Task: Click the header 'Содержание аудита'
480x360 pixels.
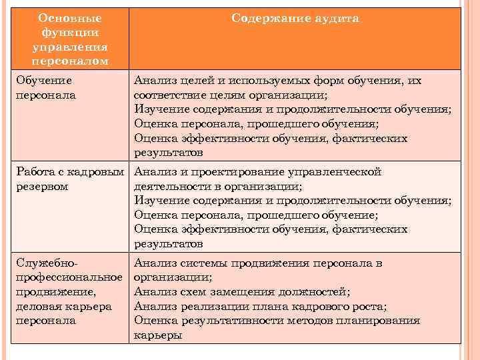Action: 295,19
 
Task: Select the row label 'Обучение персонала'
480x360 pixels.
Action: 45,87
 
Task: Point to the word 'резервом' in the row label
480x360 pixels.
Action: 41,186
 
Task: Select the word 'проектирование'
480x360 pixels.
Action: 241,172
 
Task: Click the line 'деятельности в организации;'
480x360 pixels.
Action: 218,186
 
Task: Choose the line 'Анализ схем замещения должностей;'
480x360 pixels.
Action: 242,291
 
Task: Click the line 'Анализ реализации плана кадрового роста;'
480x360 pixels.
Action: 261,306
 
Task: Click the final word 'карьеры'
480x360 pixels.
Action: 159,335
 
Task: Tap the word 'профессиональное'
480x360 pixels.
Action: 69,277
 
